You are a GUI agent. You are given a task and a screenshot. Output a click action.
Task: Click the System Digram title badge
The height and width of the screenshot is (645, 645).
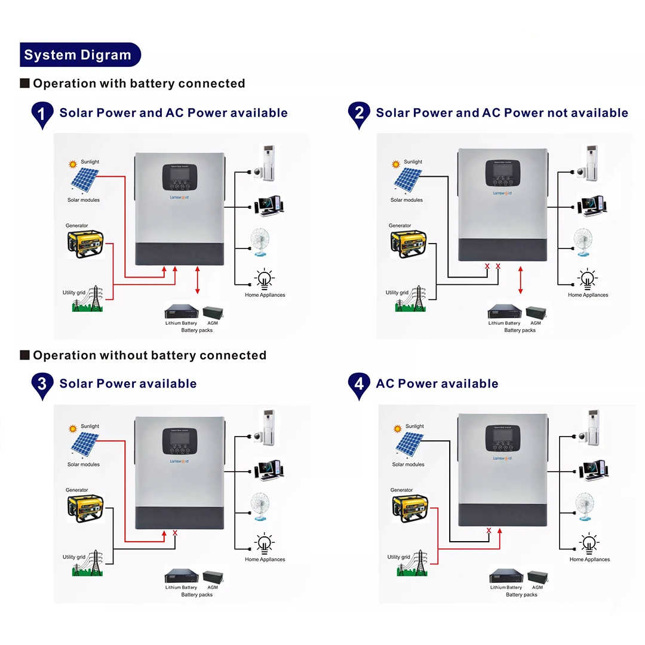coord(80,55)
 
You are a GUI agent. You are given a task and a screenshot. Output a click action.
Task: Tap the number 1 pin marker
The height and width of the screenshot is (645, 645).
coord(42,113)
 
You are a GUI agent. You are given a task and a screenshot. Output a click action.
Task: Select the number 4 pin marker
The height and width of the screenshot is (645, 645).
coord(359,385)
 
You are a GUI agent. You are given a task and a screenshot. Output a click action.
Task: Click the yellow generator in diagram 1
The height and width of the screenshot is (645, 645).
coord(85,243)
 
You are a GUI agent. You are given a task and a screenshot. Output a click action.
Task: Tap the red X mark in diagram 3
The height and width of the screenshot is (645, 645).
coord(175,532)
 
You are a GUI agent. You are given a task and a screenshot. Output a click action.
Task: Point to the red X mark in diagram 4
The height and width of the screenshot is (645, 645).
coord(489,530)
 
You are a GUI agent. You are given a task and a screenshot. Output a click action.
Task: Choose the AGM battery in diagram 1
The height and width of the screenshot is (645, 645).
coord(213,312)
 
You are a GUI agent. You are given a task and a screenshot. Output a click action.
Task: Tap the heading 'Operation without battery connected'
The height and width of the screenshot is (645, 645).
coord(149,355)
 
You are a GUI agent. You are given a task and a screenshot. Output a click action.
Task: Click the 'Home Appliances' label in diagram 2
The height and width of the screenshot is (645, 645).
coord(588,295)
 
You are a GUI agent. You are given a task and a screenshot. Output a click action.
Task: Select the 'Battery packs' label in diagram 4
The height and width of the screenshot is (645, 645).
coord(521,595)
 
